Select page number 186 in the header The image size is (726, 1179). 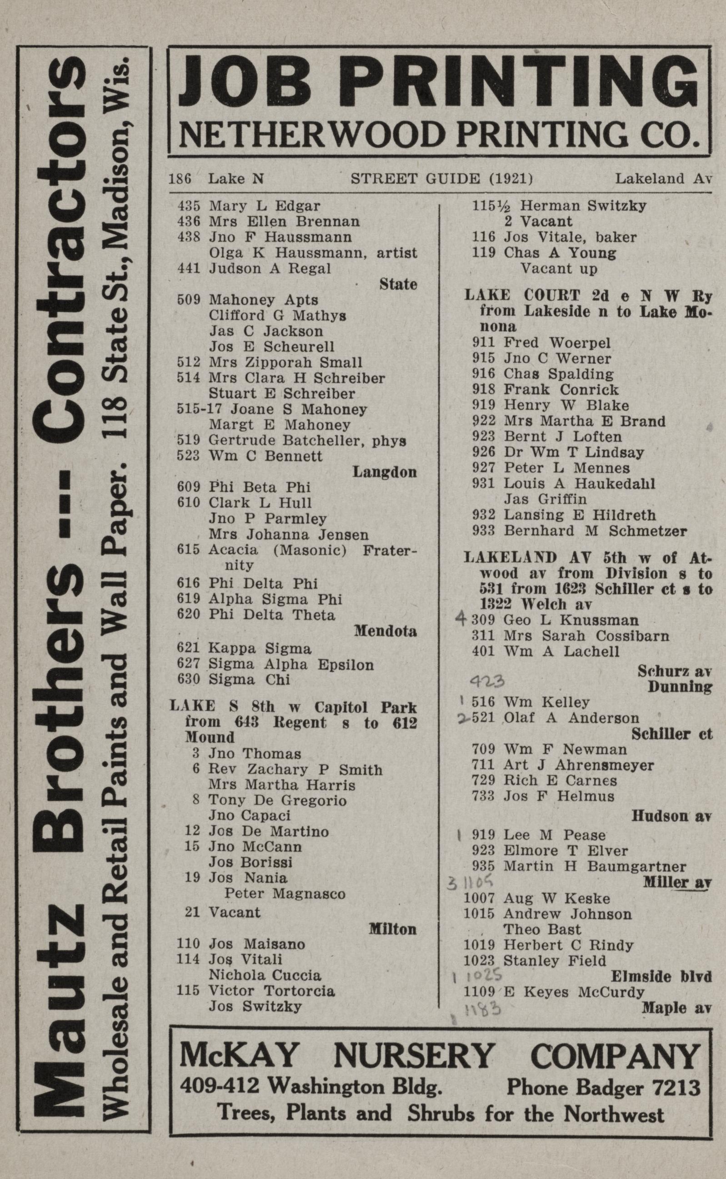180,179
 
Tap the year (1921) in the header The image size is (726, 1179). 510,179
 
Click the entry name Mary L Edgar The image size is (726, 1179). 264,206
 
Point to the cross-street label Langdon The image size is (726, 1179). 385,472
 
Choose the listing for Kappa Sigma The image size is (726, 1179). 259,649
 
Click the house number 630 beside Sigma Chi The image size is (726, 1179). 188,680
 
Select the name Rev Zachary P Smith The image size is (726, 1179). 295,769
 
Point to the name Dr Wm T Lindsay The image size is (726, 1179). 573,452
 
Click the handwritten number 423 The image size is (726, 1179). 486,681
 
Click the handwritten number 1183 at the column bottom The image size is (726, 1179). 482,1009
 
